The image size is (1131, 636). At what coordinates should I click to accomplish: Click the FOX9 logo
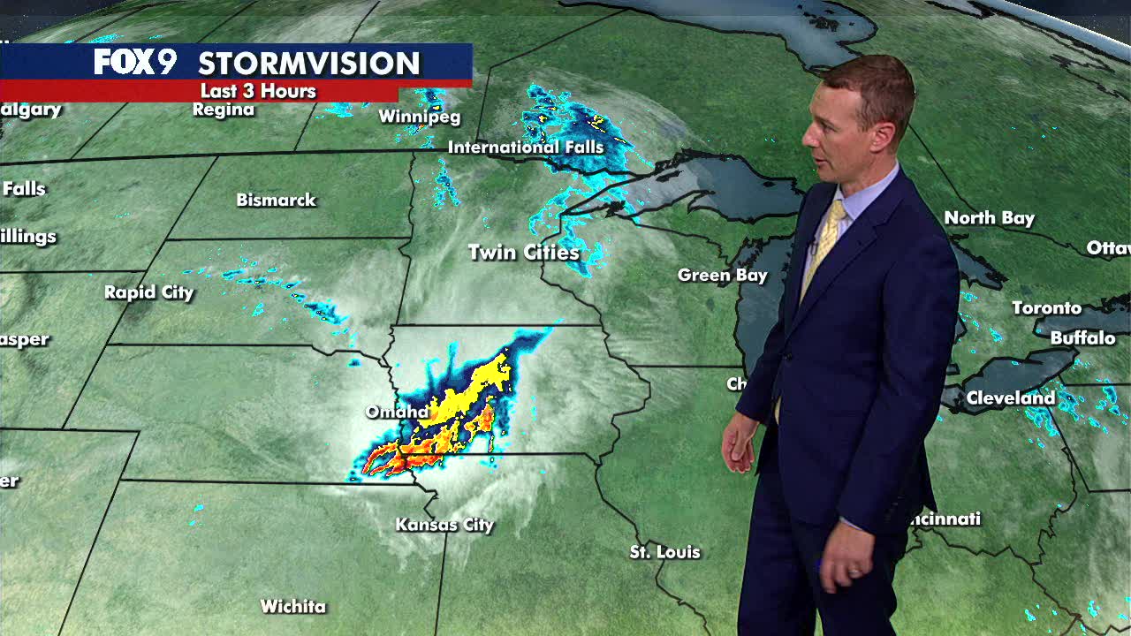tap(135, 62)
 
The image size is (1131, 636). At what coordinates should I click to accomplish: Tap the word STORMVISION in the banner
tap(308, 63)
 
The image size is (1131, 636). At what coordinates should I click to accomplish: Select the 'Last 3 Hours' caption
tap(258, 91)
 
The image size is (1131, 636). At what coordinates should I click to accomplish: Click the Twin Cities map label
tap(524, 253)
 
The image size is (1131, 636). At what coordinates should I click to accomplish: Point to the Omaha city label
tap(398, 413)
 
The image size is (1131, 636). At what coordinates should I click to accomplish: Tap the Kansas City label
tap(444, 525)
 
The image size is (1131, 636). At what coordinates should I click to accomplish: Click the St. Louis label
tap(664, 552)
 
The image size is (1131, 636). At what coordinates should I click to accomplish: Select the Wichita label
tap(293, 607)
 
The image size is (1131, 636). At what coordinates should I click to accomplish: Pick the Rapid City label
tap(148, 292)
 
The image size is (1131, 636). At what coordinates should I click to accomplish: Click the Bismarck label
tap(276, 201)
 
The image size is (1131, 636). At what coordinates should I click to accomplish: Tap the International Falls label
tap(526, 148)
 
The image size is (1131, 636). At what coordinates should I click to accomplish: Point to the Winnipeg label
tap(420, 117)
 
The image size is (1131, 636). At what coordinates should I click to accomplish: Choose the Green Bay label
tap(722, 276)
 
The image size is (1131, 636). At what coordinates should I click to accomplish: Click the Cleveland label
tap(1010, 398)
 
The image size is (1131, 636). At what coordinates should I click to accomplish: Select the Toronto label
tap(1046, 308)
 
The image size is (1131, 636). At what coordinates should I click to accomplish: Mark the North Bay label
tap(989, 218)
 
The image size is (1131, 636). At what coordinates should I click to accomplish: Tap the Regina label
tap(224, 110)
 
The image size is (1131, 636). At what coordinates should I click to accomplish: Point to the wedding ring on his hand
tap(854, 572)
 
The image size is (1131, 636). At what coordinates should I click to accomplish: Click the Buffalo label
tap(1082, 338)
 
